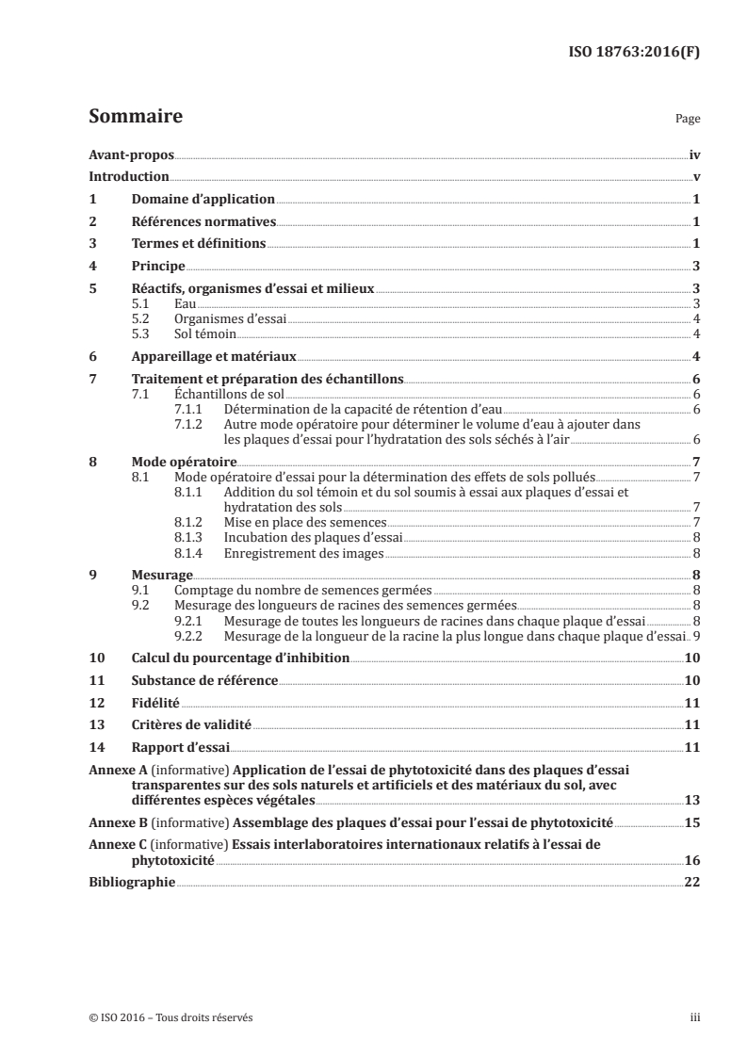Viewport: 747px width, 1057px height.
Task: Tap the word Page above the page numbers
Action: tap(688, 121)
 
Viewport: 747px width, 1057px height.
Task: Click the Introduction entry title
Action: tap(129, 177)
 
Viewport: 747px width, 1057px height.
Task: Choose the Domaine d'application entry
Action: tap(203, 200)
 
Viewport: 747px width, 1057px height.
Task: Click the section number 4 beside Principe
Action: tap(92, 267)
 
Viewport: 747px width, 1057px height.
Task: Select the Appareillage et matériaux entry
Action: tap(215, 356)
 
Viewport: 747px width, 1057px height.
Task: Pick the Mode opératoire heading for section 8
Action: tap(185, 463)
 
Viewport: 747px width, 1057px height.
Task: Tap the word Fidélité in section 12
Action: tap(155, 703)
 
